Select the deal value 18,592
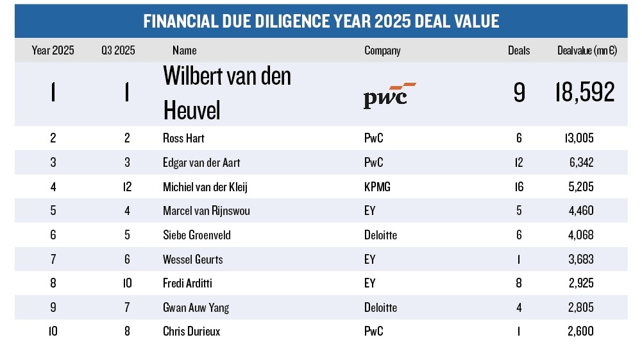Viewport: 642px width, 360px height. [x=585, y=92]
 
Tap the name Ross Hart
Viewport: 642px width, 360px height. [x=183, y=139]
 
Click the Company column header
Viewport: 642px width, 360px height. [x=382, y=51]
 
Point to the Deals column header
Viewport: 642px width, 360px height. [x=519, y=51]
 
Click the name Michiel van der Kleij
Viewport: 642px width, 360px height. [x=205, y=187]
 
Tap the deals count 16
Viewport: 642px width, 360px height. [x=518, y=187]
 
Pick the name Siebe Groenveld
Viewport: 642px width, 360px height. [x=197, y=236]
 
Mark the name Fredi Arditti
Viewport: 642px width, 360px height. [x=187, y=284]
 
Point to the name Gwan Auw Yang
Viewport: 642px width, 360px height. [x=196, y=308]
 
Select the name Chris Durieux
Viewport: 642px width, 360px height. [x=190, y=332]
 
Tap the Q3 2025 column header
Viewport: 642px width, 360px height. [x=118, y=51]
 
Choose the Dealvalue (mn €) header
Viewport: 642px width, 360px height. [x=587, y=51]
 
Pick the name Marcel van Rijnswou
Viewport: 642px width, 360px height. [x=207, y=211]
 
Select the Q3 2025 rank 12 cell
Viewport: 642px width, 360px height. [x=127, y=187]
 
